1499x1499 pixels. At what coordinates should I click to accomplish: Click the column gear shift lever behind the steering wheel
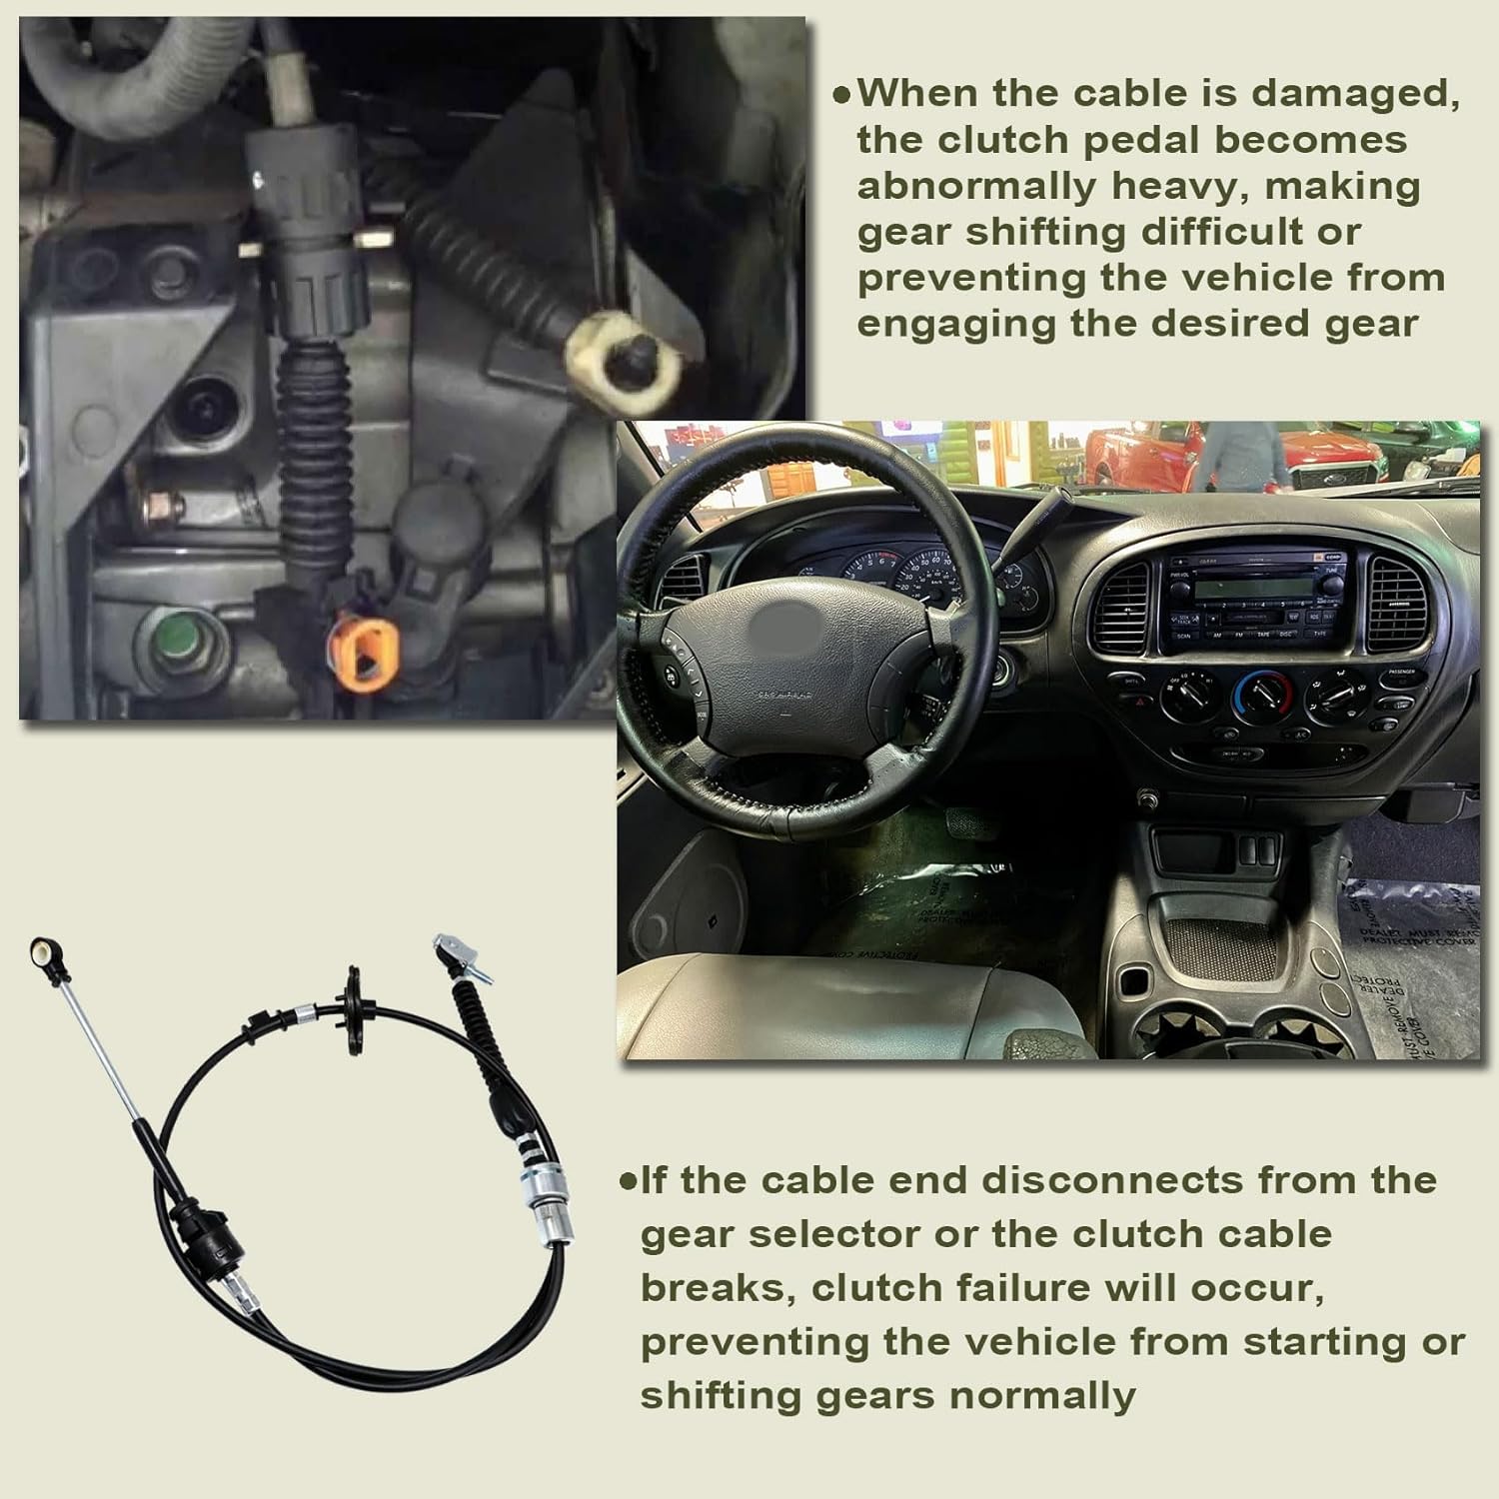1049,520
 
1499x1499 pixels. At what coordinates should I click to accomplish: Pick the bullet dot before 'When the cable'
842,95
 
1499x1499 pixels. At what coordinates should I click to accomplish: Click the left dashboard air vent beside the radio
1121,606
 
